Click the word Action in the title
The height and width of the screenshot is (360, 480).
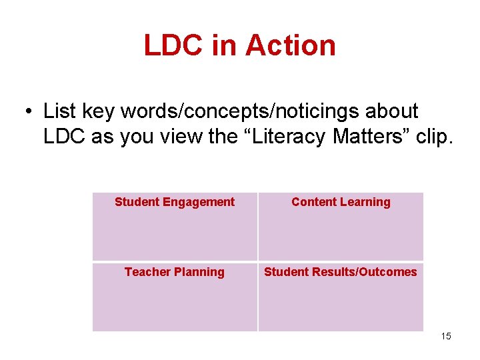click(x=290, y=45)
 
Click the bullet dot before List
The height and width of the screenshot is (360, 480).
click(x=30, y=111)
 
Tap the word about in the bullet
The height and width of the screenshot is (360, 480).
click(x=393, y=111)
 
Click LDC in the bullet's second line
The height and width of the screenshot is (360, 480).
click(x=66, y=136)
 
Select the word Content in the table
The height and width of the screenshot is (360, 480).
click(x=313, y=202)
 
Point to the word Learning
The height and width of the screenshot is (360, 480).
click(x=365, y=202)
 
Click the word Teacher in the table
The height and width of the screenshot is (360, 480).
click(x=147, y=272)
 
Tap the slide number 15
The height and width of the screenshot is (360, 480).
click(x=446, y=337)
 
